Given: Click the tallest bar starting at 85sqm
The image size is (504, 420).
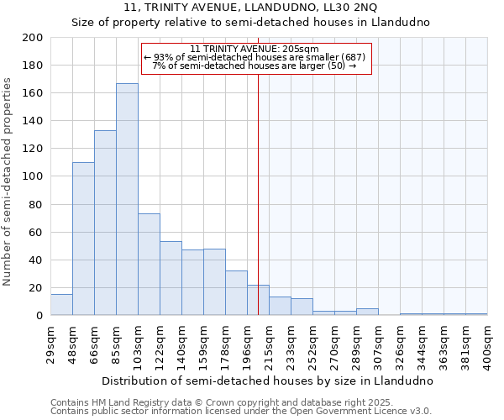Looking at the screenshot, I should tap(127, 199).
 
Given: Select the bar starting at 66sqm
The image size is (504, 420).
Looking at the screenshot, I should tap(105, 223).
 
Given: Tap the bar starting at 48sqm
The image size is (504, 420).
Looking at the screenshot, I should tap(83, 239).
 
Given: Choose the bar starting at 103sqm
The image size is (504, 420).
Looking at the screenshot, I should tap(149, 265).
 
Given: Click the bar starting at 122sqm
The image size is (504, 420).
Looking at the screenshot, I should tap(171, 278).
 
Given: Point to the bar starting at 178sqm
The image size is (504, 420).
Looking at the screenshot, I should tap(236, 293).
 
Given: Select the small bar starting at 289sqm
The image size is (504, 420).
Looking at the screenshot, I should tap(367, 312).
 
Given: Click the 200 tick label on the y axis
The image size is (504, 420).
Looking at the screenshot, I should tap(33, 38).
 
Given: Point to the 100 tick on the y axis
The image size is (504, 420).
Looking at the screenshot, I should tap(33, 176).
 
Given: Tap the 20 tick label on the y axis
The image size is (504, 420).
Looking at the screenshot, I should tap(36, 288).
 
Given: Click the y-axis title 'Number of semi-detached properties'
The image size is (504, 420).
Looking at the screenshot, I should tap(8, 181).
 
